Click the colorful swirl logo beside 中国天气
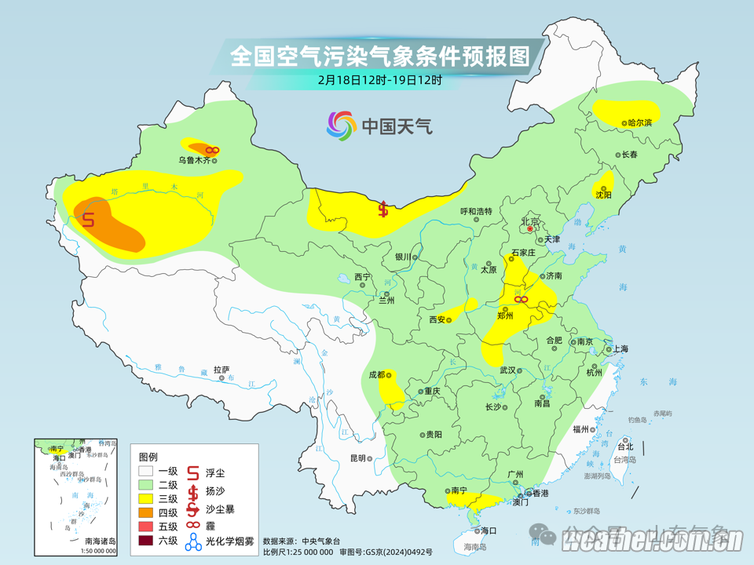pyautogui.click(x=342, y=126)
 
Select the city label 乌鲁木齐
pyautogui.click(x=193, y=160)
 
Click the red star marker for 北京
pyautogui.click(x=530, y=229)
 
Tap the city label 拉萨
pyautogui.click(x=220, y=369)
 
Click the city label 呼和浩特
pyautogui.click(x=475, y=211)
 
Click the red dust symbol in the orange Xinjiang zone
pyautogui.click(x=88, y=220)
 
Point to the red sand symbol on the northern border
pyautogui.click(x=383, y=209)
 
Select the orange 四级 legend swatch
pyautogui.click(x=145, y=512)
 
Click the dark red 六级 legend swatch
pyautogui.click(x=145, y=540)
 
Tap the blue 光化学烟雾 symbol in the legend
pyautogui.click(x=193, y=541)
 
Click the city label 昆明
pyautogui.click(x=358, y=458)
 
